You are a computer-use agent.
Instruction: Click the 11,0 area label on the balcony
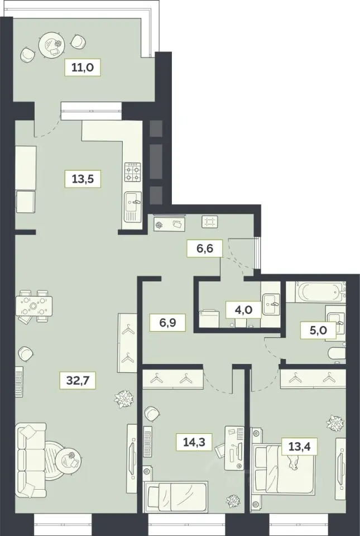coord(83,67)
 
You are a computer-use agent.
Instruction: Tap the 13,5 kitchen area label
coord(83,178)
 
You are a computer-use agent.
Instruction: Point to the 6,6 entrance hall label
coord(205,248)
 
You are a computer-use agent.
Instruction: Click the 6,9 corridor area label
coord(167,322)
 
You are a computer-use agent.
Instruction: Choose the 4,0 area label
coord(244,310)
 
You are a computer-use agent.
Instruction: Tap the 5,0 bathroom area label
coord(318,329)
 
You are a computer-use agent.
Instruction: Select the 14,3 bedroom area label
coord(195,442)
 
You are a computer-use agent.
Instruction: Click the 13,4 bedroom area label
coord(300,446)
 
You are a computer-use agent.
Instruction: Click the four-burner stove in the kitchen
coord(132,172)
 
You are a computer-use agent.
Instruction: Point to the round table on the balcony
coord(51,45)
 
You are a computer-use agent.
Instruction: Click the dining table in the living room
coord(34,306)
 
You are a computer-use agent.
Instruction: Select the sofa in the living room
coord(31,461)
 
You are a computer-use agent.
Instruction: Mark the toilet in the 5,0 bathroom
coord(337,355)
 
